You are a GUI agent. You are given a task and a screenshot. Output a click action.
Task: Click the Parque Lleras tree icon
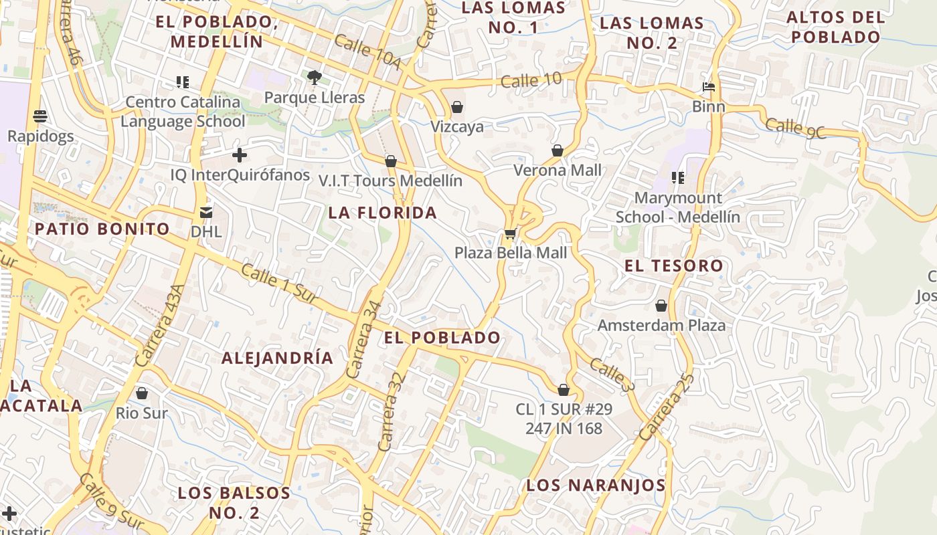pyautogui.click(x=314, y=78)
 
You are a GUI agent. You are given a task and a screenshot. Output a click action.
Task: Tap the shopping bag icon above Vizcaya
pyautogui.click(x=457, y=107)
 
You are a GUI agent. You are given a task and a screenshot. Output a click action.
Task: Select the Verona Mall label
pyautogui.click(x=558, y=170)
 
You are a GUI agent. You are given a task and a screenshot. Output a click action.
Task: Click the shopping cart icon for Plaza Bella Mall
pyautogui.click(x=511, y=233)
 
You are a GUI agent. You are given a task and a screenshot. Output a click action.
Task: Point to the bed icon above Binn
pyautogui.click(x=709, y=87)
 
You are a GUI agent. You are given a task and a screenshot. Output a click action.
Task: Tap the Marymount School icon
pyautogui.click(x=678, y=178)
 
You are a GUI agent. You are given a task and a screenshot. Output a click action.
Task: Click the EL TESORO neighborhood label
pyautogui.click(x=673, y=265)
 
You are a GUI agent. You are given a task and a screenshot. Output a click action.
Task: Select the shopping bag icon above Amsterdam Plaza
pyautogui.click(x=661, y=306)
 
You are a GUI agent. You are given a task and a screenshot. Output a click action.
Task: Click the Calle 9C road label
pyautogui.click(x=795, y=128)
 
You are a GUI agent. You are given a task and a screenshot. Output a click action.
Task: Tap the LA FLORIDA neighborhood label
pyautogui.click(x=382, y=213)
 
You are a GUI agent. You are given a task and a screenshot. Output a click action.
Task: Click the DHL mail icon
pyautogui.click(x=205, y=212)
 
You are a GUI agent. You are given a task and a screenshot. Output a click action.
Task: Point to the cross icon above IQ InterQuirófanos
pyautogui.click(x=239, y=156)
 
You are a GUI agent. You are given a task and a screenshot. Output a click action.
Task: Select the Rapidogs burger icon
pyautogui.click(x=39, y=116)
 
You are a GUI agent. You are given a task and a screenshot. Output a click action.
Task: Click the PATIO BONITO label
pyautogui.click(x=102, y=229)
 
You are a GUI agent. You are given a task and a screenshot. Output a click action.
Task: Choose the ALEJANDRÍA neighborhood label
pyautogui.click(x=277, y=358)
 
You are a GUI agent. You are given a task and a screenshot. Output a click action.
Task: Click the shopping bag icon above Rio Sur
pyautogui.click(x=141, y=393)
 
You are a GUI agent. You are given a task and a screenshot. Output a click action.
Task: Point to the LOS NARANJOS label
pyautogui.click(x=596, y=485)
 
